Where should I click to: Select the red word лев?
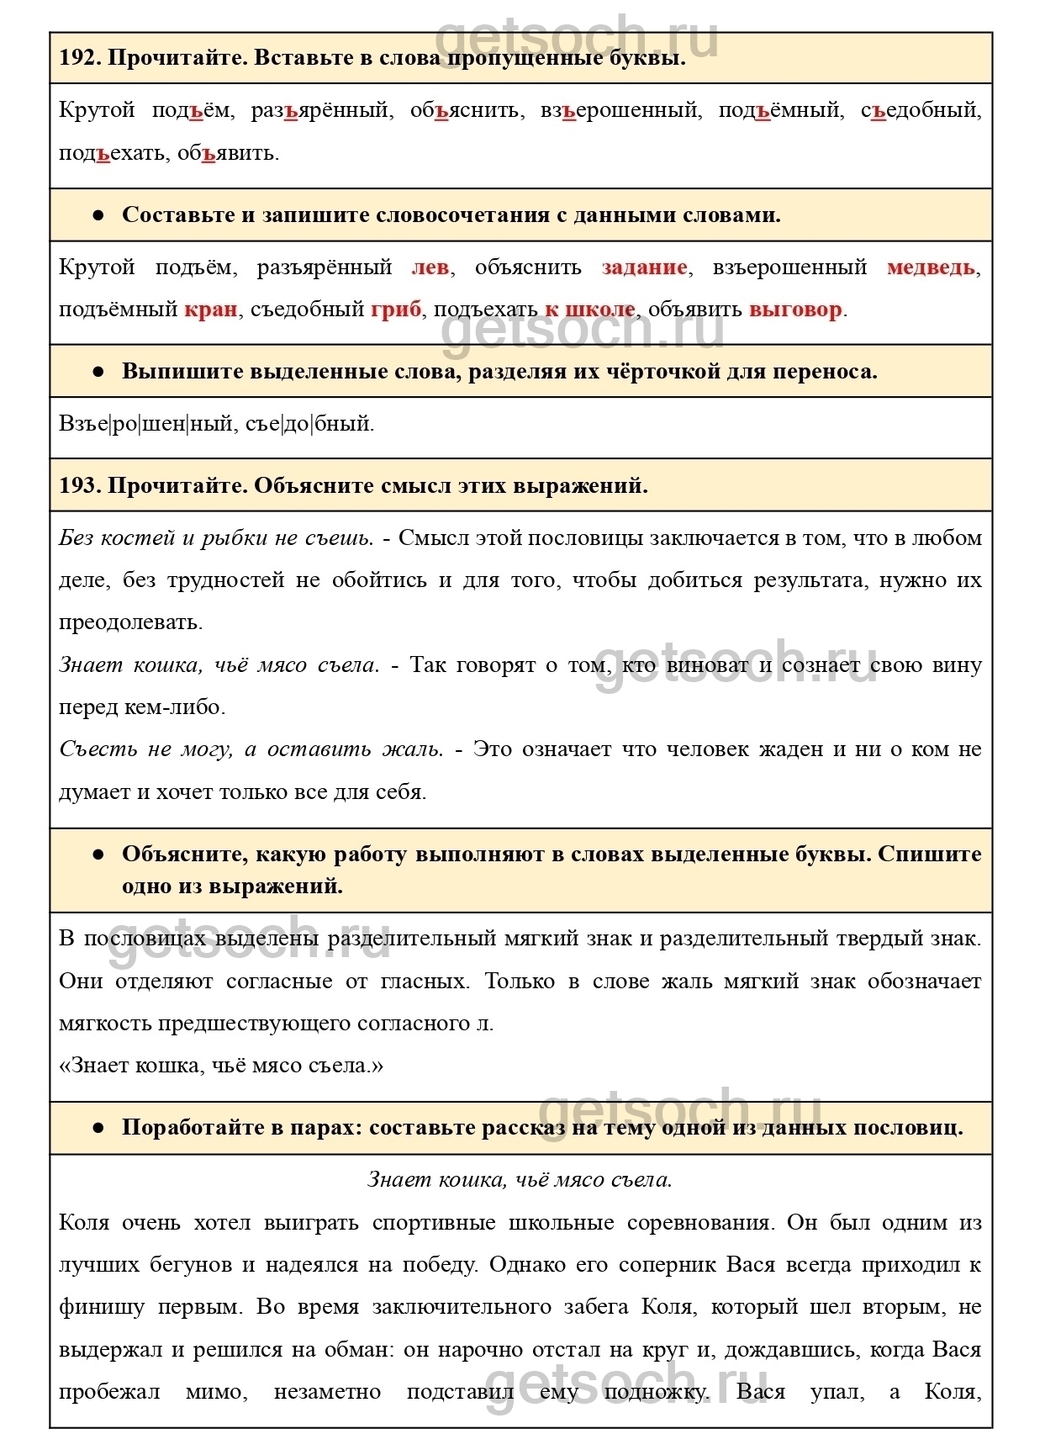[x=430, y=267]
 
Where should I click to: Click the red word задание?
[x=644, y=267]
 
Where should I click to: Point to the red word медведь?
[x=932, y=267]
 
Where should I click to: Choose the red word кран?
[x=210, y=310]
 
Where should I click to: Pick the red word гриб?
[x=396, y=310]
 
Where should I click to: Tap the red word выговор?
[x=795, y=310]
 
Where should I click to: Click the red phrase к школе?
[x=589, y=310]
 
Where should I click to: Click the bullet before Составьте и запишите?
[x=98, y=215]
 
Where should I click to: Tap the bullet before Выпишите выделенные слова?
[x=98, y=372]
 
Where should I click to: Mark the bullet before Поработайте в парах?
[x=98, y=1128]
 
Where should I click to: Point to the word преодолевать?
[x=130, y=623]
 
